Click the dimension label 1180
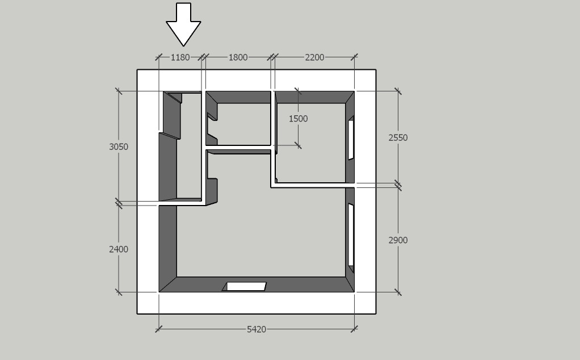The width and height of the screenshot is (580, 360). (x=180, y=57)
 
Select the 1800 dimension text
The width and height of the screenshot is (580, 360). (x=238, y=57)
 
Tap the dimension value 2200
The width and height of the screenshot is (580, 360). (x=314, y=57)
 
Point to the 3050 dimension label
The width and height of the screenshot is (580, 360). (x=119, y=146)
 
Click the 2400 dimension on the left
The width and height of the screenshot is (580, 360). (x=119, y=249)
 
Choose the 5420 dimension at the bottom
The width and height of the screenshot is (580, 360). (x=257, y=329)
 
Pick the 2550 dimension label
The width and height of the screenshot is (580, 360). (x=398, y=137)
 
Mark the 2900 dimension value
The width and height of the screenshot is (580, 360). (x=398, y=240)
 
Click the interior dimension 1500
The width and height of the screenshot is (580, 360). (x=298, y=119)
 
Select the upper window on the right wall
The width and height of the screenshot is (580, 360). (x=351, y=139)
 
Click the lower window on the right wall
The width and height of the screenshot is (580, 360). (x=351, y=234)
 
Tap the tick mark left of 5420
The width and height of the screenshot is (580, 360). (x=159, y=329)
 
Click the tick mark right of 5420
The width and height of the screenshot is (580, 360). (x=355, y=329)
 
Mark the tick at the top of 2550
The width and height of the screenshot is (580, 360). (x=398, y=91)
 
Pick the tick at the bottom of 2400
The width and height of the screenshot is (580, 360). (x=119, y=292)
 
